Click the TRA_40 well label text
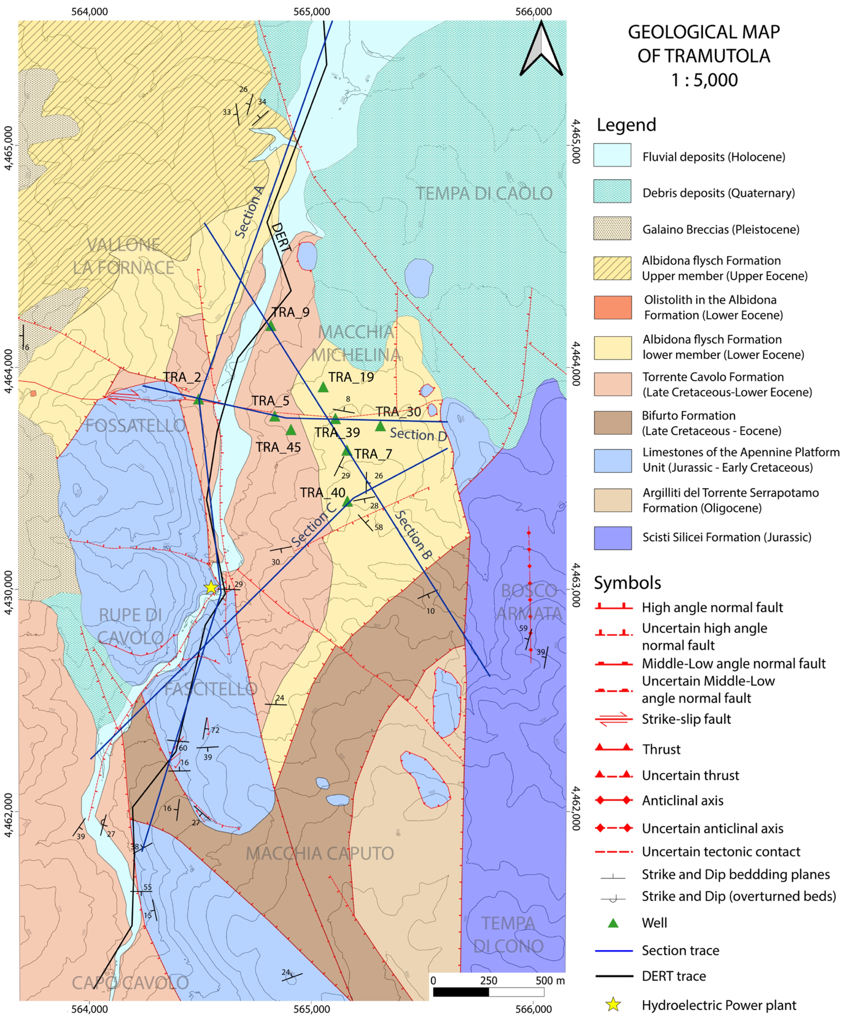coord(322,492)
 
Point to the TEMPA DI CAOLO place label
coord(484,193)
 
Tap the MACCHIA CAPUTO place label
coord(319,854)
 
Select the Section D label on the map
coord(418,434)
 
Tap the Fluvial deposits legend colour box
coord(612,155)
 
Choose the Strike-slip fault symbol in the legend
coord(614,719)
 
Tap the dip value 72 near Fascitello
coord(215,730)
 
